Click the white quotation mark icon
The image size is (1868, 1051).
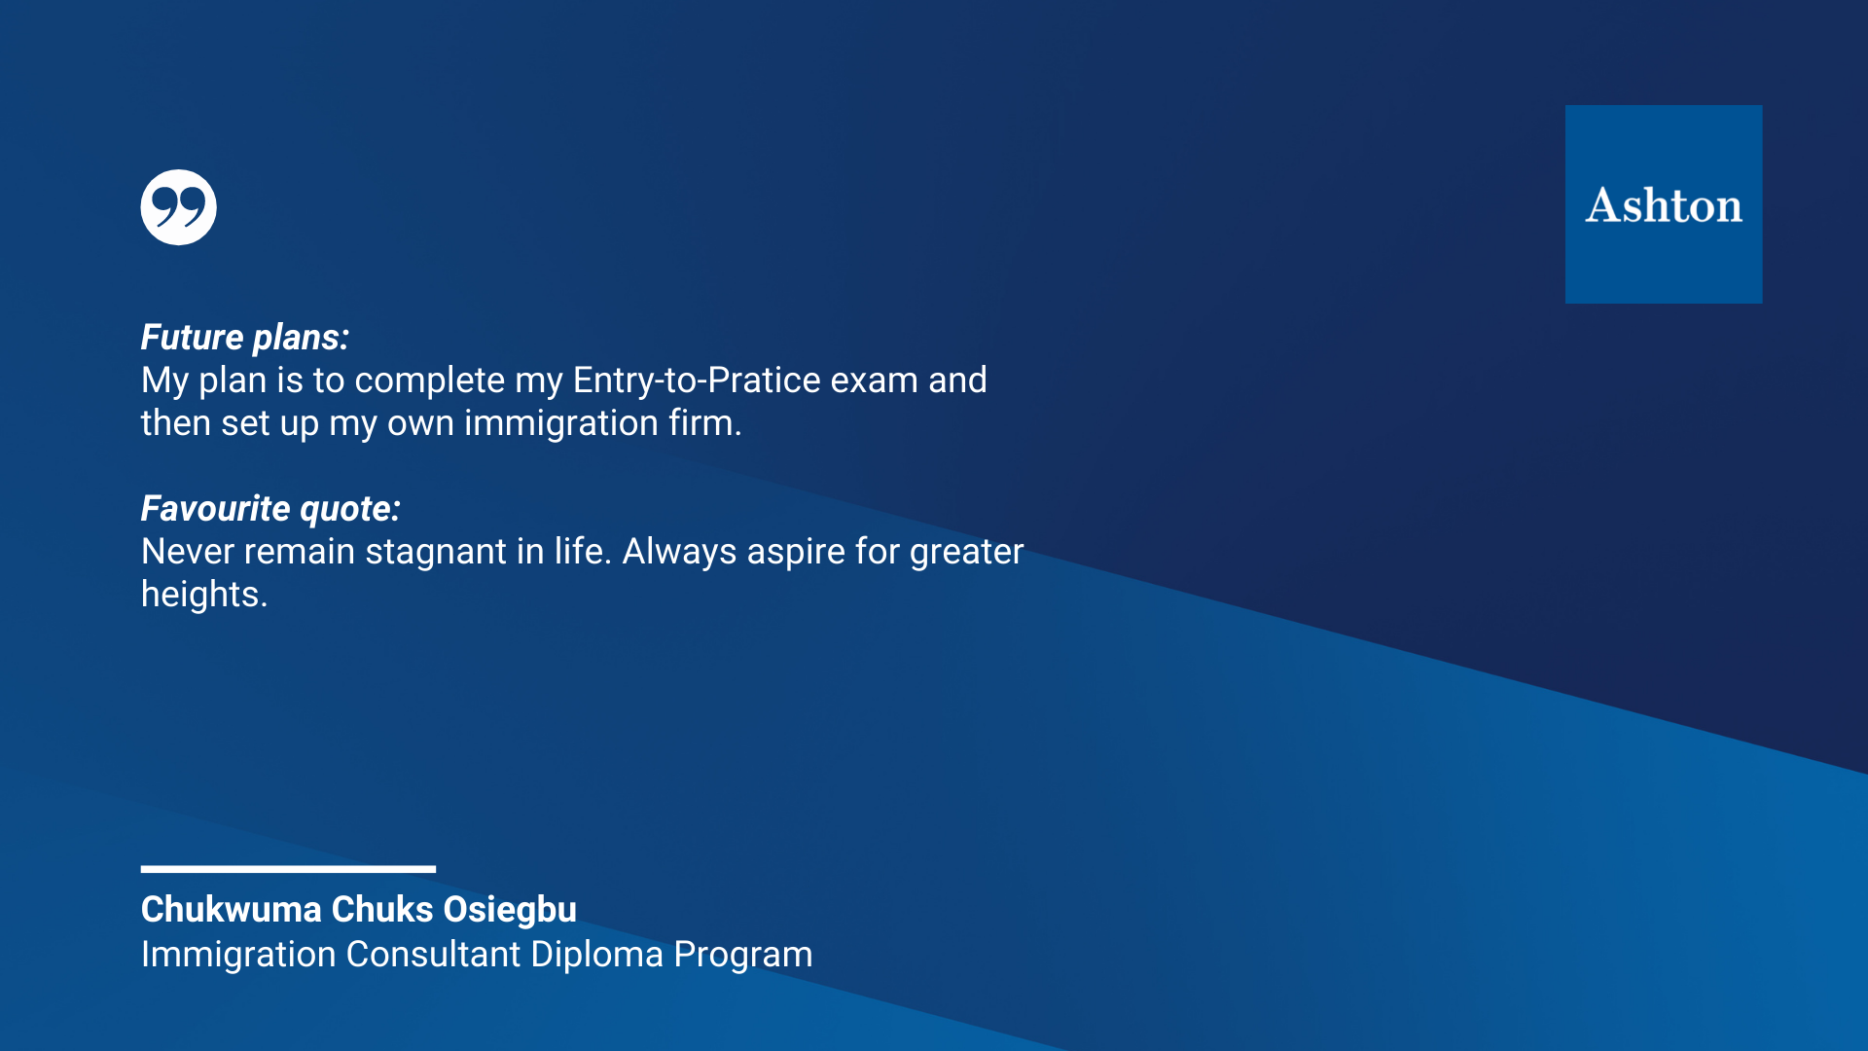point(178,207)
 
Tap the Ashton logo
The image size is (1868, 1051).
point(1664,204)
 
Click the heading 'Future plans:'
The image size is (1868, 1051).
point(245,338)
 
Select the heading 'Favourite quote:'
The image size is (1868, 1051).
point(270,509)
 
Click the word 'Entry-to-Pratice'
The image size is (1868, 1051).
point(697,381)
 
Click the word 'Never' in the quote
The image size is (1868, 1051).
point(188,552)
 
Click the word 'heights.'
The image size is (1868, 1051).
point(204,595)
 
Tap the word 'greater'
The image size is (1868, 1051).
point(966,553)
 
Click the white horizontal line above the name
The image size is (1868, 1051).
point(288,869)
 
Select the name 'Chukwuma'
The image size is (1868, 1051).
point(232,910)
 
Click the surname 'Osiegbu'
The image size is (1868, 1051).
point(510,911)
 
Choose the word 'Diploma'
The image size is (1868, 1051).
point(597,956)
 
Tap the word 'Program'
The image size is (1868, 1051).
point(743,956)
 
